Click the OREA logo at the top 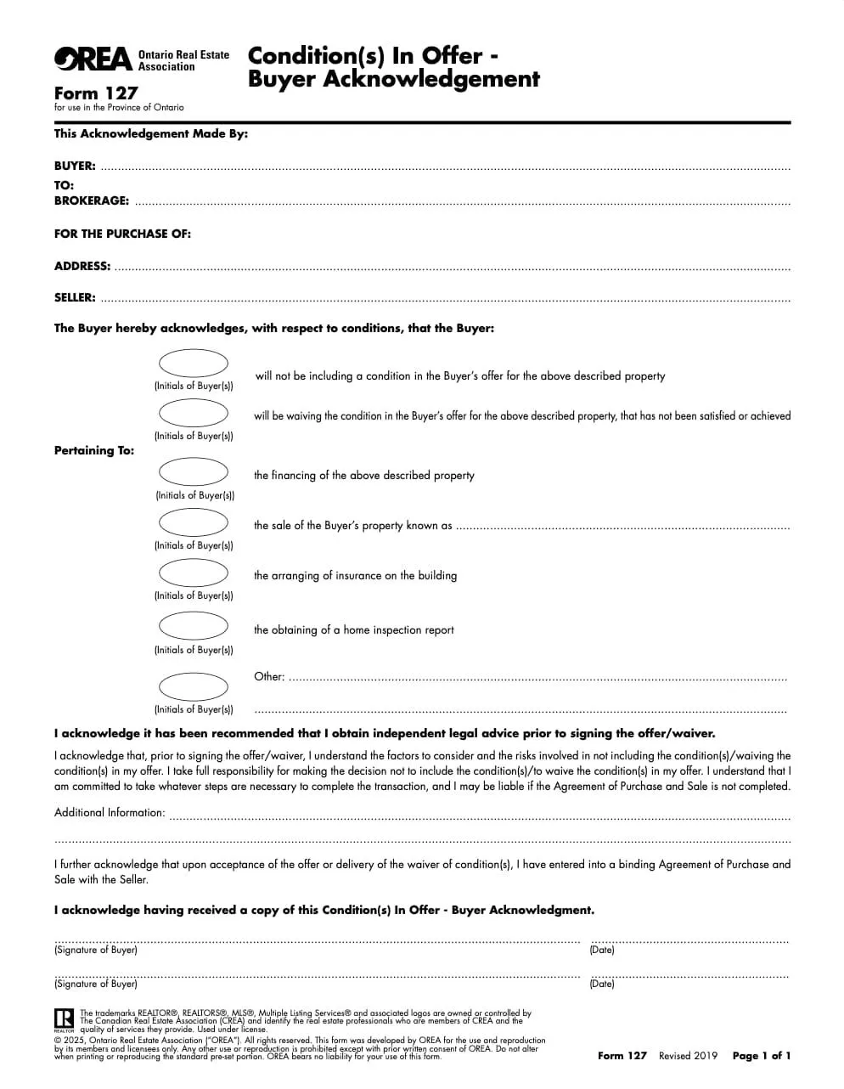pyautogui.click(x=93, y=59)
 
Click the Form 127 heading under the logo pyautogui.click(x=96, y=93)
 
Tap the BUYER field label pyautogui.click(x=75, y=166)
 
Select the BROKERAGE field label pyautogui.click(x=92, y=201)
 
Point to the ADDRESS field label pyautogui.click(x=82, y=266)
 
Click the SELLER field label pyautogui.click(x=75, y=298)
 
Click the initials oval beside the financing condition pyautogui.click(x=194, y=471)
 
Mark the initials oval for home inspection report pyautogui.click(x=194, y=626)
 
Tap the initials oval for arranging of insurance pyautogui.click(x=194, y=573)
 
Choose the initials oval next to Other pyautogui.click(x=194, y=686)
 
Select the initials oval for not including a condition pyautogui.click(x=194, y=364)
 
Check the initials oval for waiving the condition pyautogui.click(x=194, y=413)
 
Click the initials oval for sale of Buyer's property pyautogui.click(x=194, y=522)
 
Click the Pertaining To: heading pyautogui.click(x=94, y=451)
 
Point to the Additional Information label pyautogui.click(x=110, y=813)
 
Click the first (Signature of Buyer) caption pyautogui.click(x=96, y=950)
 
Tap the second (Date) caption pyautogui.click(x=602, y=984)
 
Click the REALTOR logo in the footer pyautogui.click(x=64, y=1019)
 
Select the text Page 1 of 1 pyautogui.click(x=762, y=1056)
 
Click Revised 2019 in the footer pyautogui.click(x=688, y=1056)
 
